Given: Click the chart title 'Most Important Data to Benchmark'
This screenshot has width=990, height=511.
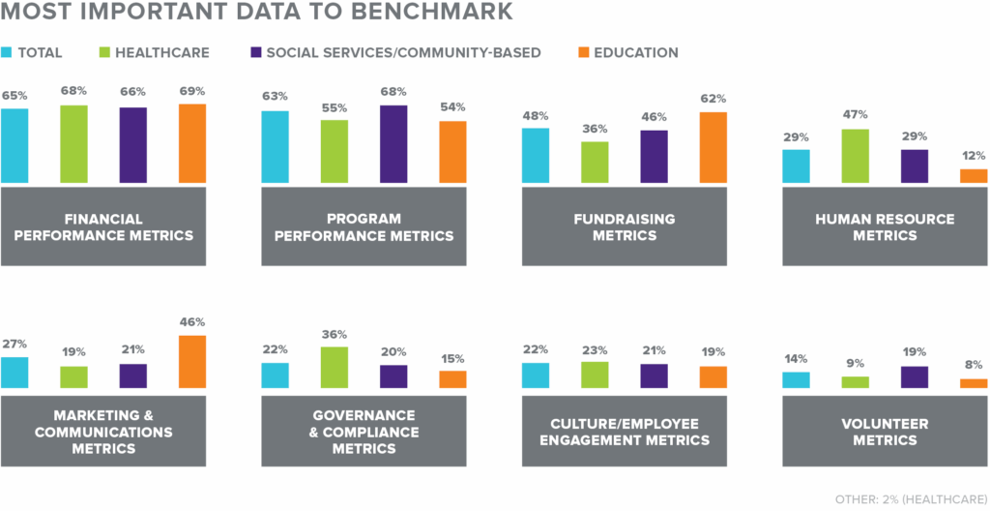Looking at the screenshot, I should (x=257, y=14).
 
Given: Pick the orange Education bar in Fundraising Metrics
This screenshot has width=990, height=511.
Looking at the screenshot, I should (x=713, y=147).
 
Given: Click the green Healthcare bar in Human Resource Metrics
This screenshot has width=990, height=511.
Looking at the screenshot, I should (x=855, y=156).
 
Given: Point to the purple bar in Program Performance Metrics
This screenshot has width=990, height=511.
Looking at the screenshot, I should (x=393, y=144).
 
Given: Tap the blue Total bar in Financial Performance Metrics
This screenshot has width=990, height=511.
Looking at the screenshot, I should (x=15, y=145).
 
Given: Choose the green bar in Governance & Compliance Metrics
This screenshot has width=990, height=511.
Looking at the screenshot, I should (x=335, y=368).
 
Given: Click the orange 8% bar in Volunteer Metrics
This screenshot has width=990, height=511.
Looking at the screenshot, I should (x=974, y=383).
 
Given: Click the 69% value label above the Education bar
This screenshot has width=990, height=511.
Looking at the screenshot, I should (x=192, y=91).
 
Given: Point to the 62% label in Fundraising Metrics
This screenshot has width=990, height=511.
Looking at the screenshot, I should (x=713, y=99).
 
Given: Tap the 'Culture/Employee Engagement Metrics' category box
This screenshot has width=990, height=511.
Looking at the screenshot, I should (x=625, y=432).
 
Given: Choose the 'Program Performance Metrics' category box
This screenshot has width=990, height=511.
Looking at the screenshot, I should (x=364, y=226).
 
